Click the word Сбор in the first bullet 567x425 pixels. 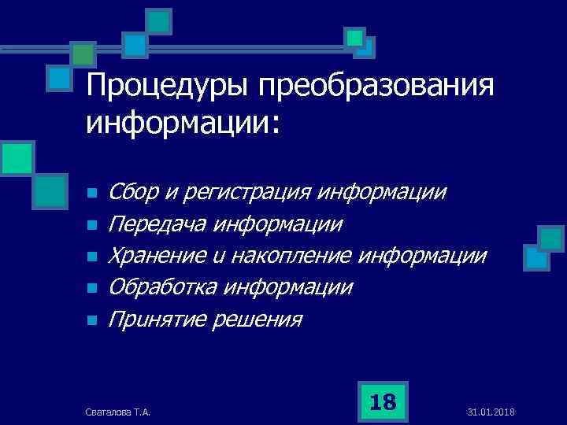tap(133, 192)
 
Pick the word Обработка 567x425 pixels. tap(162, 288)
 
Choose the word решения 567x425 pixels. tap(258, 320)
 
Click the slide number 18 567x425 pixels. tap(383, 402)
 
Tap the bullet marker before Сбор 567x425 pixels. tap(91, 194)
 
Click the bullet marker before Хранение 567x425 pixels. tap(91, 257)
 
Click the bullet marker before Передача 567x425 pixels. tap(91, 226)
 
